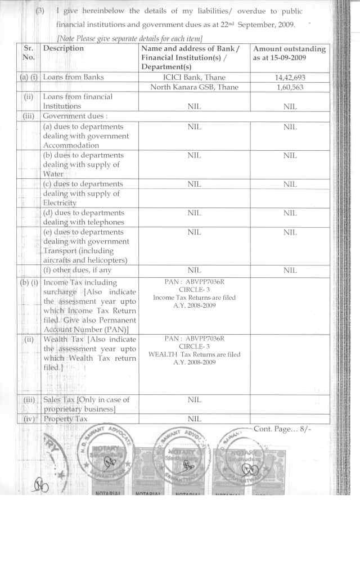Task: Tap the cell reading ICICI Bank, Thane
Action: click(194, 77)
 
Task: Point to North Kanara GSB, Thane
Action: click(194, 87)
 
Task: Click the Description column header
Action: click(64, 49)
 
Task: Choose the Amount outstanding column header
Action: click(290, 53)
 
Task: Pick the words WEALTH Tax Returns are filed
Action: click(194, 354)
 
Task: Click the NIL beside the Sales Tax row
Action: click(194, 400)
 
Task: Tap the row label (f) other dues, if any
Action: click(77, 270)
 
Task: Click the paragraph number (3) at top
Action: click(40, 11)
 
